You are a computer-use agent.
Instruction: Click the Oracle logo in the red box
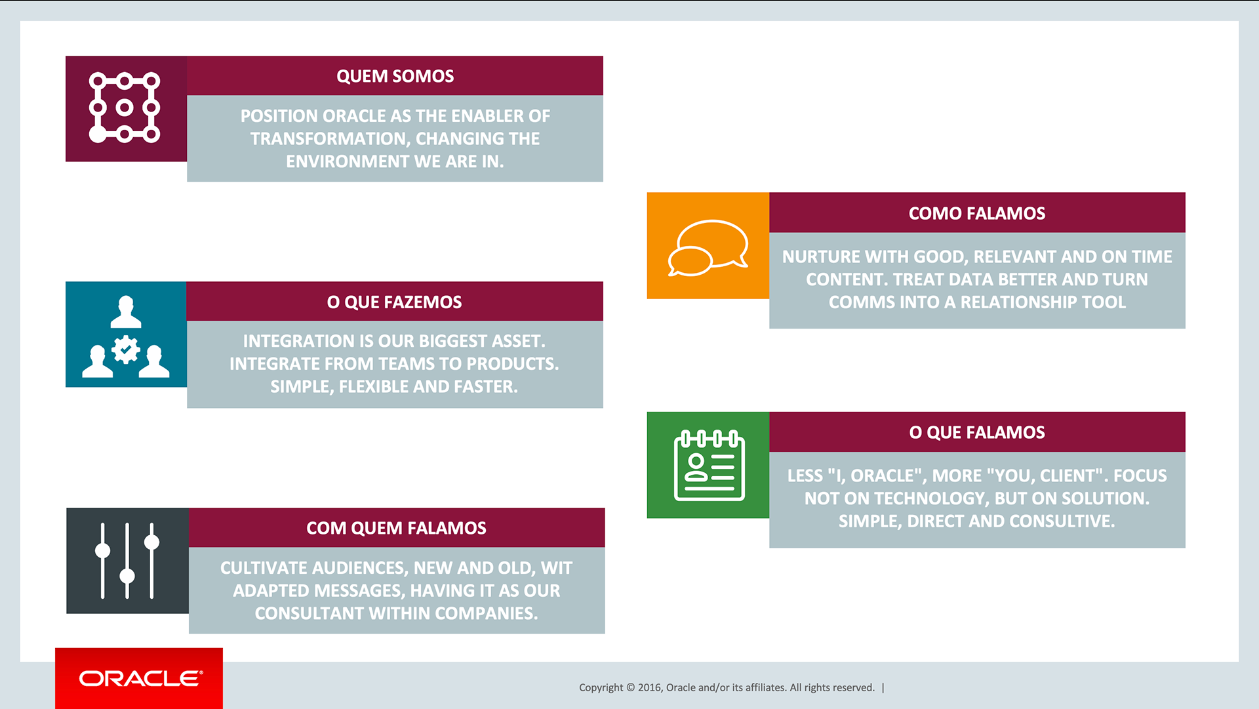click(x=141, y=678)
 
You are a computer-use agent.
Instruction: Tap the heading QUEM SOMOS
click(x=395, y=76)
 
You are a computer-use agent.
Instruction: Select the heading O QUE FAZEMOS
click(x=394, y=302)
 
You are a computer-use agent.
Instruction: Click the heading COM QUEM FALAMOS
click(x=396, y=528)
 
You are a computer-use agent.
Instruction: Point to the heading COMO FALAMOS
click(x=976, y=213)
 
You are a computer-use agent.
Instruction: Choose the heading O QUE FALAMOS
click(x=976, y=432)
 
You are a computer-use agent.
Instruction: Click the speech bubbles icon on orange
click(x=708, y=247)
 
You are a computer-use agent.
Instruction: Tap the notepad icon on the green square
click(x=709, y=465)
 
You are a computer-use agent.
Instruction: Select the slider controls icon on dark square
click(x=127, y=561)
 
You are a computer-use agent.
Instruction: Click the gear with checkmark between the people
click(x=125, y=350)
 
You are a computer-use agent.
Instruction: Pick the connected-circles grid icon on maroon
click(x=125, y=108)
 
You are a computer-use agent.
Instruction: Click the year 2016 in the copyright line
click(x=649, y=687)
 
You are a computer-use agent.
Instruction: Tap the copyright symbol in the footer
click(x=630, y=687)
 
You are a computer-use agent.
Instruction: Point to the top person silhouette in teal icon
click(x=126, y=312)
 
